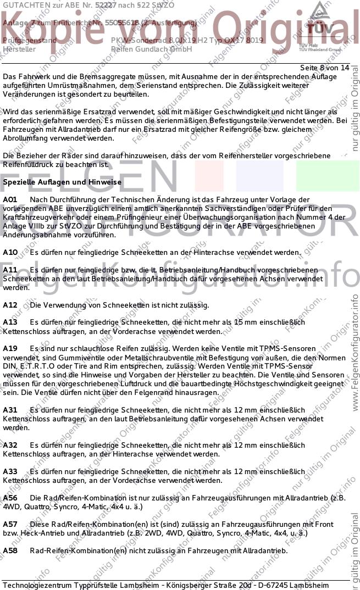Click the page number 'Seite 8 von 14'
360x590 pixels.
324,68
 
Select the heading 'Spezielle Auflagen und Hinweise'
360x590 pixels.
62,182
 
